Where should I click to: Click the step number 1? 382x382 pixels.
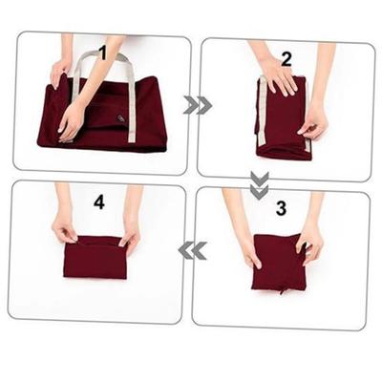103,53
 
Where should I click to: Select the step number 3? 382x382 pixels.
280,206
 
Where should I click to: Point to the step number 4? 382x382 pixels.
98,202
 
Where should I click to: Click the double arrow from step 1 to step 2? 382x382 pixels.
198,105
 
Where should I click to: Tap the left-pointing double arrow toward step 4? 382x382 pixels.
194,250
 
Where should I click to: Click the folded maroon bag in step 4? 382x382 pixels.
95,255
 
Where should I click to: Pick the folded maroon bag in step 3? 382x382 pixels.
278,263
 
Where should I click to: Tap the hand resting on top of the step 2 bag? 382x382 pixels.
279,75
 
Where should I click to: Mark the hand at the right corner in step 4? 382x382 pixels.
128,230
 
